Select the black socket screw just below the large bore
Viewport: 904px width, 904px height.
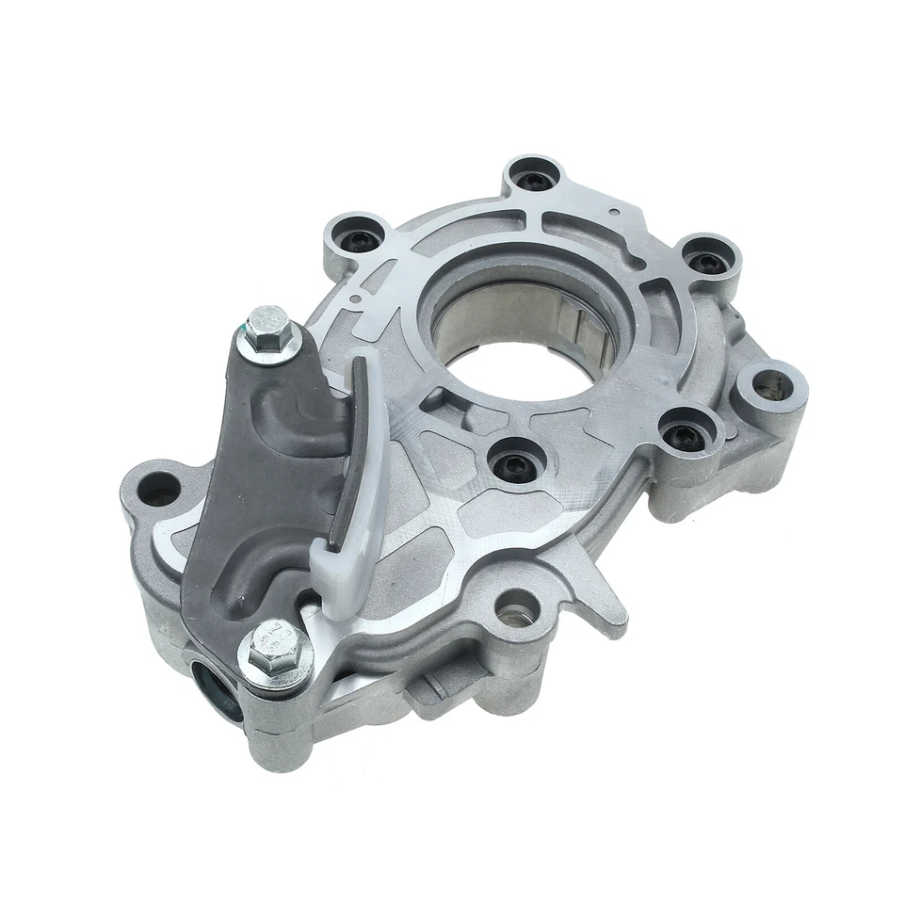click(510, 462)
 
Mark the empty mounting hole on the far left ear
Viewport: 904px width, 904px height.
click(157, 487)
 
